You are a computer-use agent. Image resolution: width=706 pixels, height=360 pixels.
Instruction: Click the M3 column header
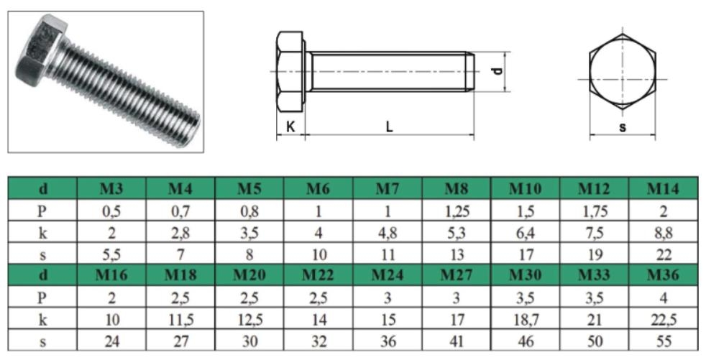click(111, 188)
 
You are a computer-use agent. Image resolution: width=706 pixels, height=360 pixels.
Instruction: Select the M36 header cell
click(663, 274)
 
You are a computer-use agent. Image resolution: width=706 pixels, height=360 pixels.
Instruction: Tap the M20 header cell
click(249, 274)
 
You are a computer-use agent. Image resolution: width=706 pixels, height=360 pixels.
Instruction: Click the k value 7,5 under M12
click(595, 233)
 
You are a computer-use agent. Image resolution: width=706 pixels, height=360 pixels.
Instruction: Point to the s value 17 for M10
click(526, 254)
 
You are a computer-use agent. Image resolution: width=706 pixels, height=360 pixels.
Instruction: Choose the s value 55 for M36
click(664, 341)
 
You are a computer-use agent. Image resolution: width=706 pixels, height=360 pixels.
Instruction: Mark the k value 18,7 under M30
click(526, 320)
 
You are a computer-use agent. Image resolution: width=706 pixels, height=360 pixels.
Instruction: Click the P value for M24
click(388, 297)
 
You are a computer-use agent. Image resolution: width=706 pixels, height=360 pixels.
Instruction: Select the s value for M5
click(249, 254)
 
